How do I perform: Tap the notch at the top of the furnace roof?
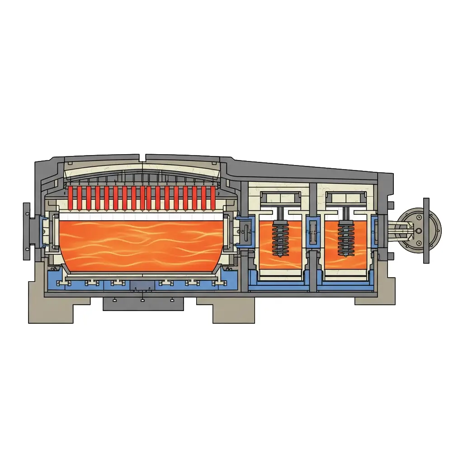coord(142,157)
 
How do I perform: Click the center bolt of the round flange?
coord(418,231)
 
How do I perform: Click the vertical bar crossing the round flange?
coord(426,231)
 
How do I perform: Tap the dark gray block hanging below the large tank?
coord(143,303)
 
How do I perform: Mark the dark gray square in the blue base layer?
coord(142,284)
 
